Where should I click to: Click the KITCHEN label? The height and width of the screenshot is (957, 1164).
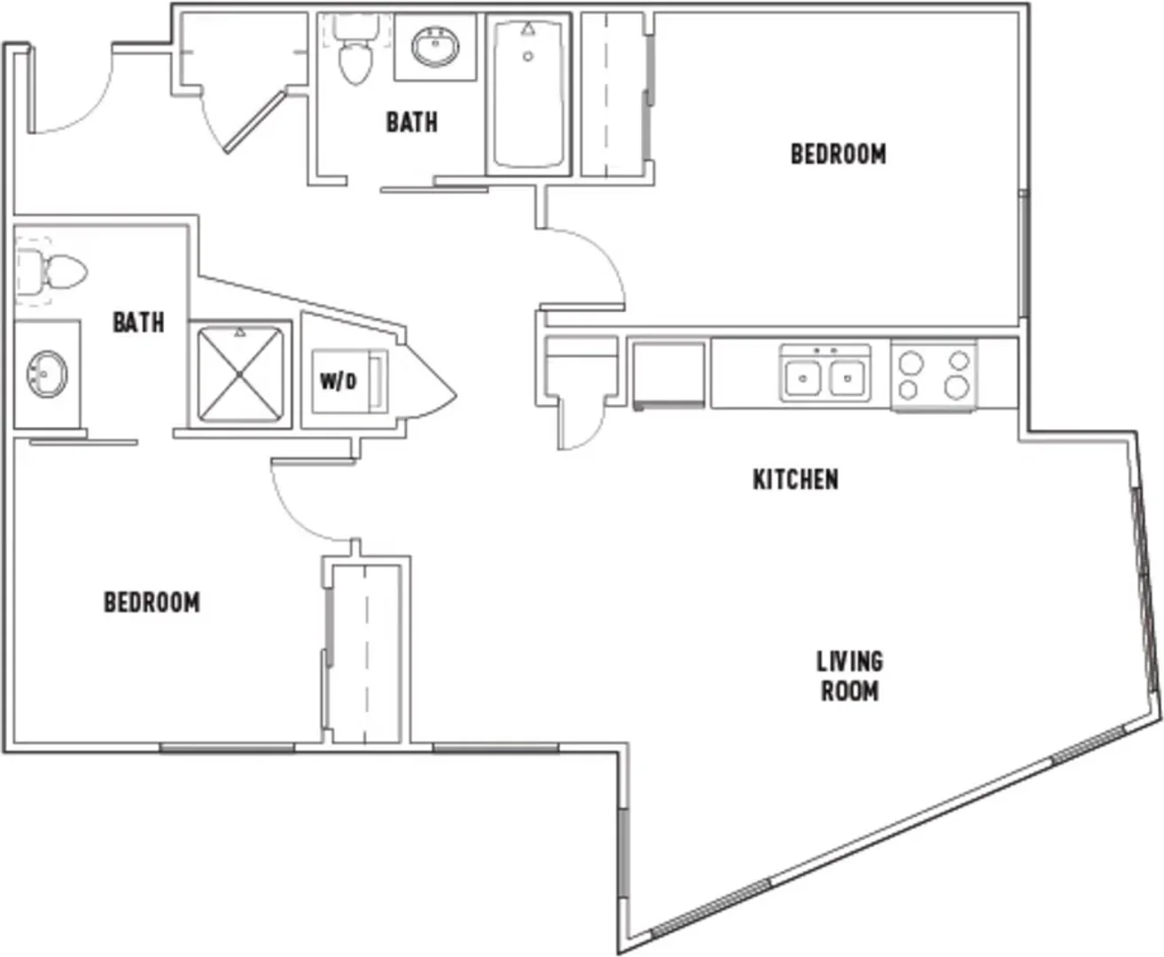click(795, 479)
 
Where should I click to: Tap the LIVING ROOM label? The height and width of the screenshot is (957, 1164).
click(850, 676)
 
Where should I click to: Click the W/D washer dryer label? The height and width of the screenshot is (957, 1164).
click(339, 381)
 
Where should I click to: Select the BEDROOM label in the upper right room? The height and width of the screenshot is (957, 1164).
click(839, 154)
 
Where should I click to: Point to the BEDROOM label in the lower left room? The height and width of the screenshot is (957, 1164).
click(152, 603)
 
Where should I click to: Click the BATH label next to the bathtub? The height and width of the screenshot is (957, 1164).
click(411, 122)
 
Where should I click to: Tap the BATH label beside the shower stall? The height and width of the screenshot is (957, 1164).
click(138, 323)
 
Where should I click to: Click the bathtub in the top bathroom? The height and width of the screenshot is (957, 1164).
click(528, 95)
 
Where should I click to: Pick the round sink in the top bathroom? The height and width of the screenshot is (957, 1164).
click(435, 47)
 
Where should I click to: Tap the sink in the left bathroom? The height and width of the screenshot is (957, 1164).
click(47, 373)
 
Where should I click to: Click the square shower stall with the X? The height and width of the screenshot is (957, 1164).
click(240, 375)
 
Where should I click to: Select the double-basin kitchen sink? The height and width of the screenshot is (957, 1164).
click(825, 373)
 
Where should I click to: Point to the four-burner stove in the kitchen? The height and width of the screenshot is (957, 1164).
click(934, 375)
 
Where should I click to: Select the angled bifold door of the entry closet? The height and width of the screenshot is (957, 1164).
click(255, 122)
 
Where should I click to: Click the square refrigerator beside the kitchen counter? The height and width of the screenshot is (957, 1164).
click(669, 377)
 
